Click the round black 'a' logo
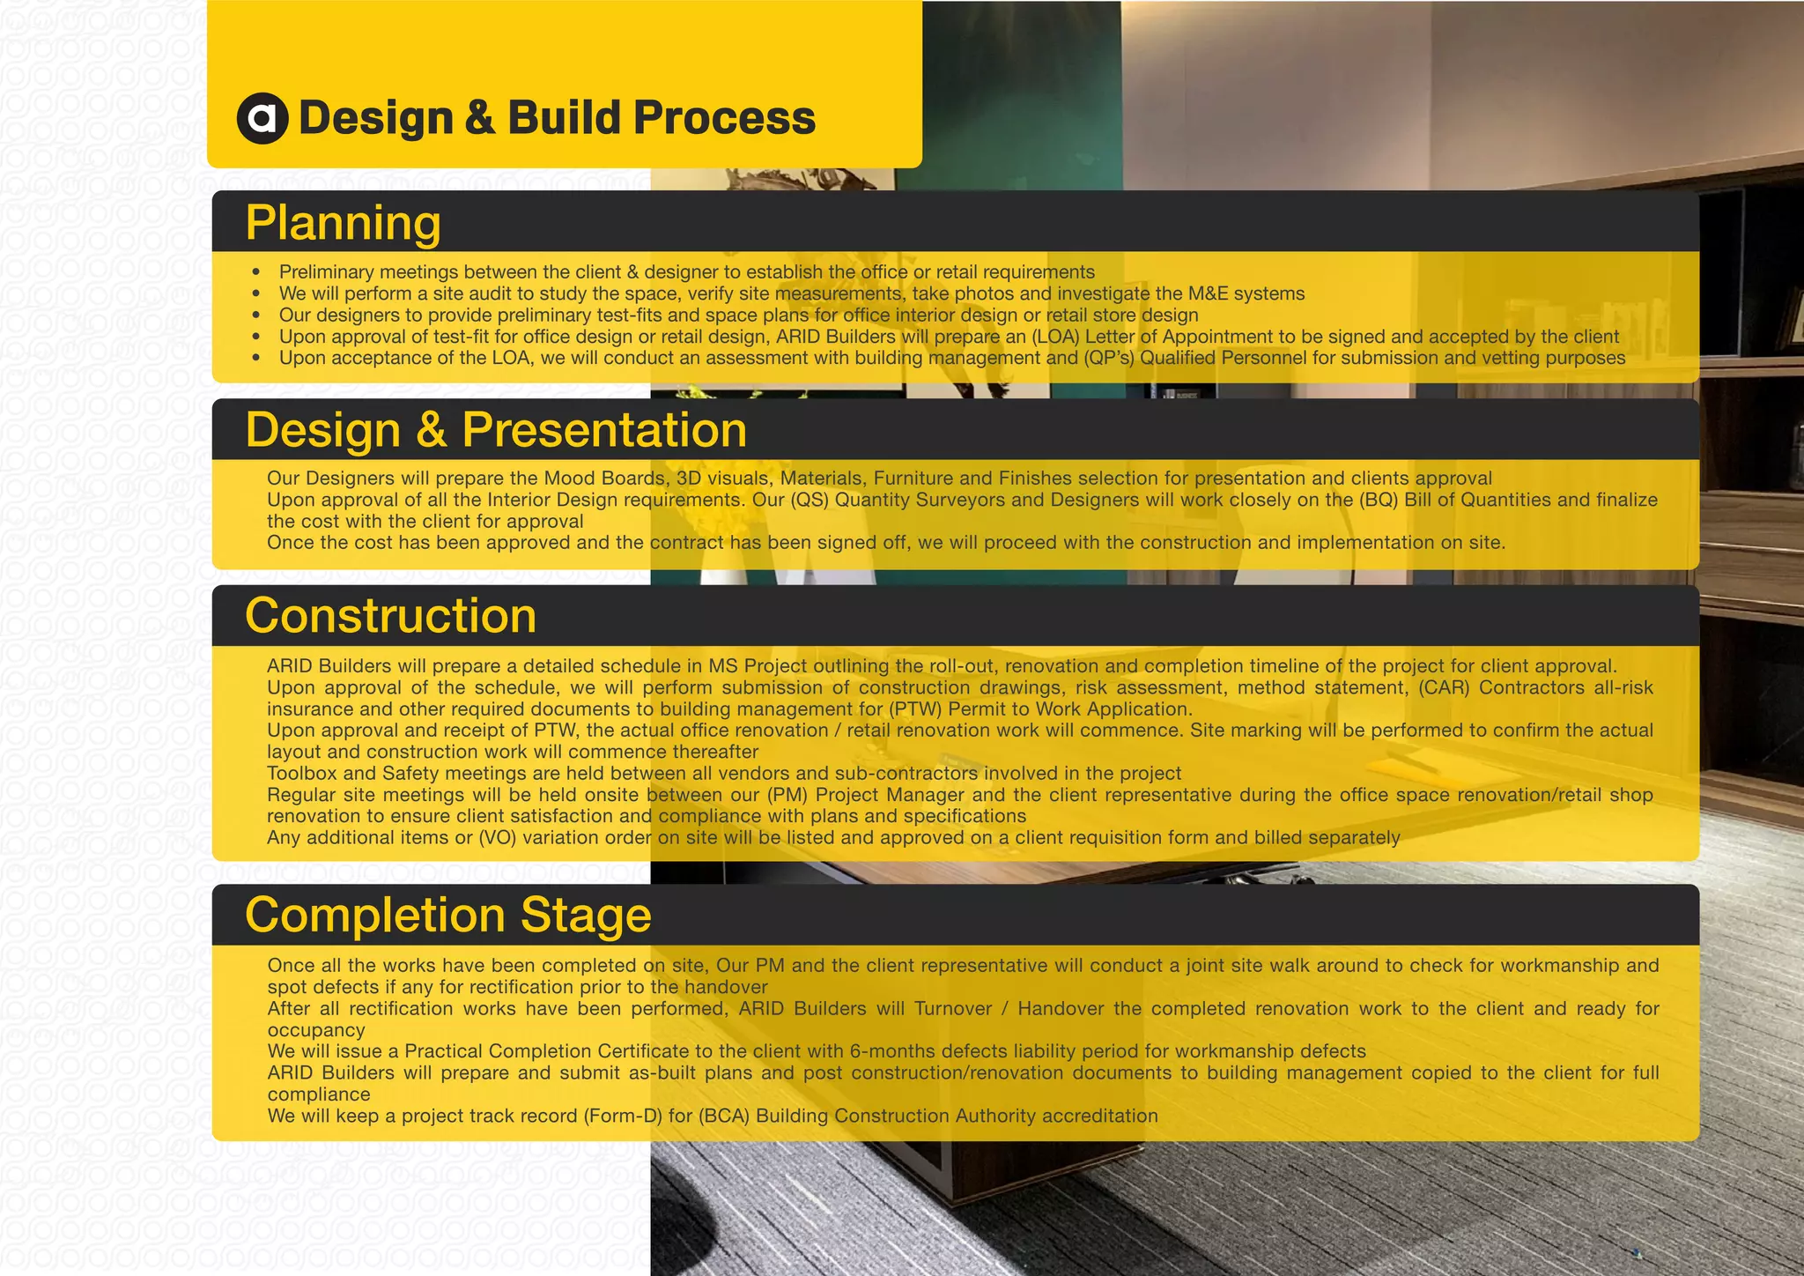click(x=262, y=118)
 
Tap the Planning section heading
click(x=343, y=222)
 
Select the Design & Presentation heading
click(x=496, y=430)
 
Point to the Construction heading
click(x=390, y=615)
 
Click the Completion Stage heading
click(x=447, y=915)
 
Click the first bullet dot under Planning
click(x=256, y=272)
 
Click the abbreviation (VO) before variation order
click(x=497, y=838)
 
